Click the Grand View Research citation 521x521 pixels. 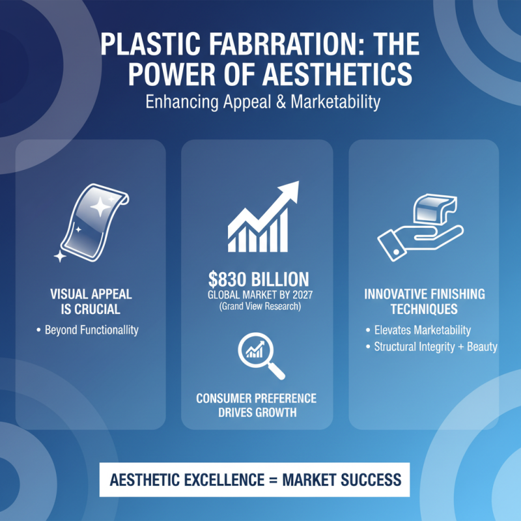point(259,306)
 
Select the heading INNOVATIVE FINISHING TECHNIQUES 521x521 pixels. point(424,302)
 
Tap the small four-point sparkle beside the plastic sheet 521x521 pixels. point(60,256)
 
